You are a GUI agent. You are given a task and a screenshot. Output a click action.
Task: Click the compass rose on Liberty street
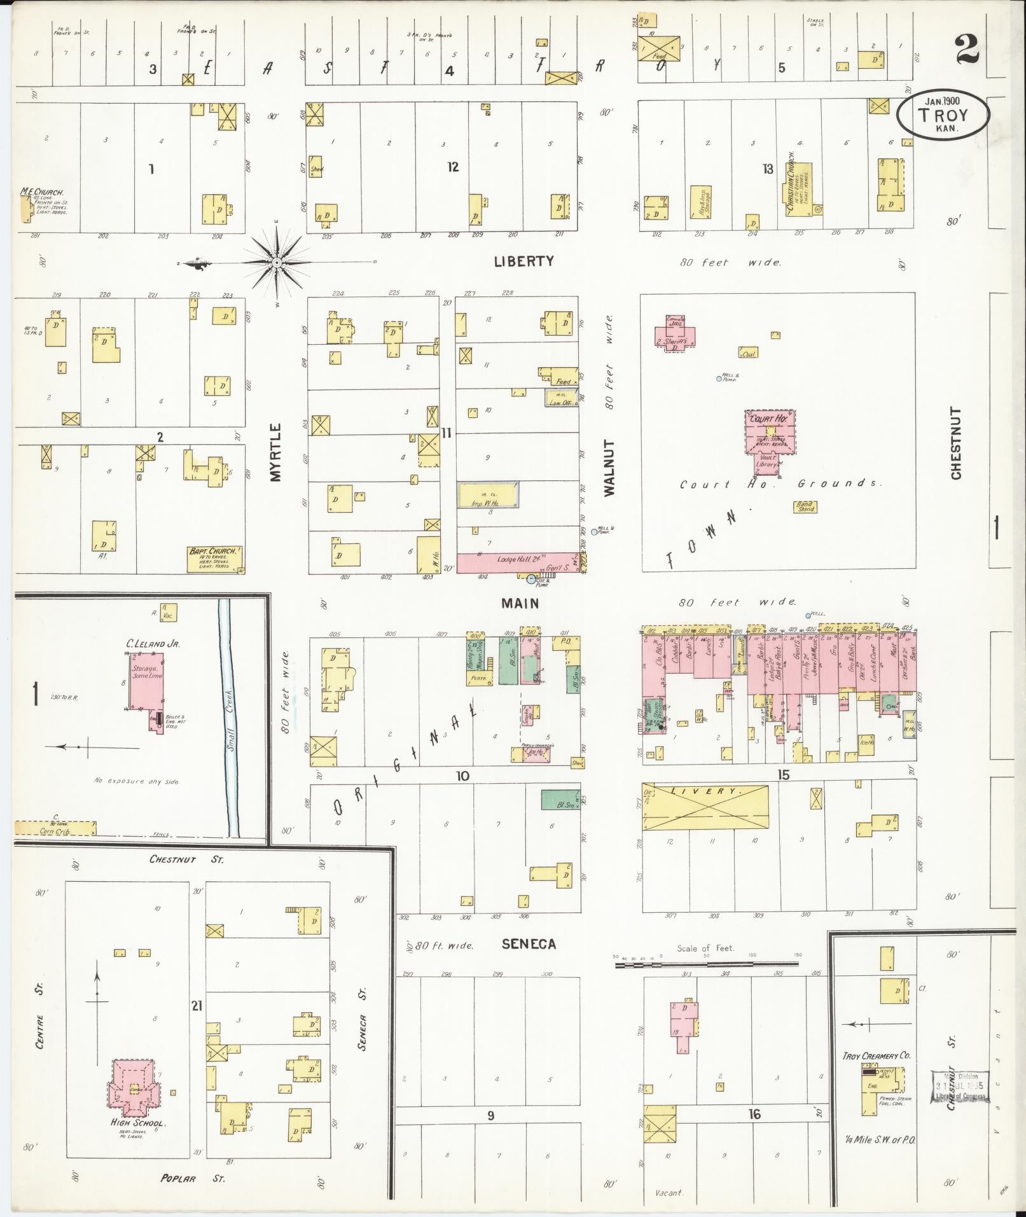tap(277, 262)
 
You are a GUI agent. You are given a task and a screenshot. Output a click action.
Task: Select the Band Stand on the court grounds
tap(805, 506)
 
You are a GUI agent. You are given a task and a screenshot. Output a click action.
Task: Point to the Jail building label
tap(674, 322)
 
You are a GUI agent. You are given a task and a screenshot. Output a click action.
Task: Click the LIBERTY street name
tap(523, 261)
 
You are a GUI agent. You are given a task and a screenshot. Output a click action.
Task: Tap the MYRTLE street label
tap(275, 452)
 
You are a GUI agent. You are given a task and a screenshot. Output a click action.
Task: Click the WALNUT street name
tap(609, 468)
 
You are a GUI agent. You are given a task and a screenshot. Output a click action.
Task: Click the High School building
tap(133, 1087)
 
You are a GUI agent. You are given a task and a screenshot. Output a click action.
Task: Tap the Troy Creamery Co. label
tap(876, 1055)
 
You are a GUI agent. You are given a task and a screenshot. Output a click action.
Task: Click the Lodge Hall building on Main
tap(516, 562)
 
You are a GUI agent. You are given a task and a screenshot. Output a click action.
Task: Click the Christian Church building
tap(798, 188)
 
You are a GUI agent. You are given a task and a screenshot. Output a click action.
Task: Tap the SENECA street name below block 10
tap(528, 944)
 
